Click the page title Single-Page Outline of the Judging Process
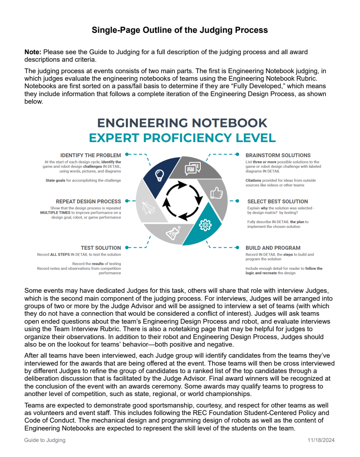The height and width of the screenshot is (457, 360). pyautogui.click(x=180, y=30)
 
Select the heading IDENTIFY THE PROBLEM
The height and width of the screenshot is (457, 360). pyautogui.click(x=91, y=155)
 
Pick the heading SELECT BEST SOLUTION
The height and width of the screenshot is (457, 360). pyautogui.click(x=277, y=201)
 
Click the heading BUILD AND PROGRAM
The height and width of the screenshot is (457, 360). pyautogui.click(x=273, y=248)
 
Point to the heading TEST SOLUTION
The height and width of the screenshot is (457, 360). pyautogui.click(x=101, y=248)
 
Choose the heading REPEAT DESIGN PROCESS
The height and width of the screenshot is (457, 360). pyautogui.click(x=88, y=201)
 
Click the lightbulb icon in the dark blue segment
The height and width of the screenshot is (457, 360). pyautogui.click(x=159, y=174)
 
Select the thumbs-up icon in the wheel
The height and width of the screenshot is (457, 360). pyautogui.click(x=216, y=193)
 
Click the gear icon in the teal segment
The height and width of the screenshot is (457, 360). pyautogui.click(x=205, y=225)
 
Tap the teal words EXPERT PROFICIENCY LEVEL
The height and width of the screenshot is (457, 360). pyautogui.click(x=182, y=138)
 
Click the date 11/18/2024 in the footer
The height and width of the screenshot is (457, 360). pyautogui.click(x=321, y=440)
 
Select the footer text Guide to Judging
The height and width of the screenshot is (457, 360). pyautogui.click(x=45, y=440)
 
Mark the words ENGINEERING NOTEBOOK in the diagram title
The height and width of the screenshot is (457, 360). pyautogui.click(x=182, y=123)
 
